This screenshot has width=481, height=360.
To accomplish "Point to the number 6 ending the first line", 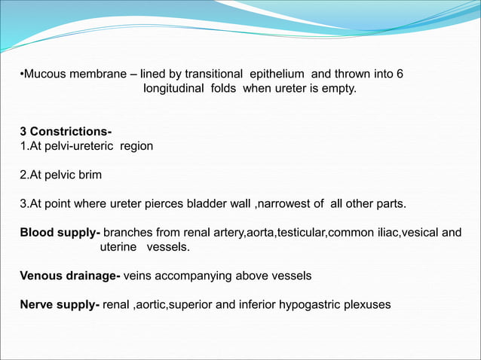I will click(400, 74).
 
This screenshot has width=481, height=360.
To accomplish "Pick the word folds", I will click(219, 89).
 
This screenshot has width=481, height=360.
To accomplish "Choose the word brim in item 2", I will click(88, 175).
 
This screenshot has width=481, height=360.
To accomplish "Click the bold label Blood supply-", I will click(60, 233).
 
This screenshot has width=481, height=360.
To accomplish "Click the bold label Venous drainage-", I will click(70, 276).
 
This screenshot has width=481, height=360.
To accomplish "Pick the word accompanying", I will click(188, 276).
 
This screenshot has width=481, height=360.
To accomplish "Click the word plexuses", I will click(365, 305).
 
